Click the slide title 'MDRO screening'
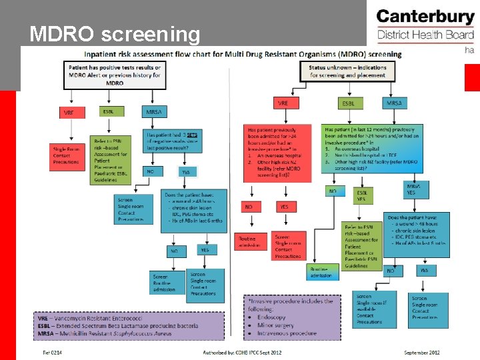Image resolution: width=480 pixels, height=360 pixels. point(115,34)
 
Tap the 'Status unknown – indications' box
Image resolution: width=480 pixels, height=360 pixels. point(347,71)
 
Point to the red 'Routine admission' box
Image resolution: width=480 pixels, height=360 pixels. point(250,241)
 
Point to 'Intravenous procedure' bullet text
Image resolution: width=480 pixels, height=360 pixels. point(289,333)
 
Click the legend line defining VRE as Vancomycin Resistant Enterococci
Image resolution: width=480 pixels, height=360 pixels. point(93,319)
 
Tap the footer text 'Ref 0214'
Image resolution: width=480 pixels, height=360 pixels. point(53,352)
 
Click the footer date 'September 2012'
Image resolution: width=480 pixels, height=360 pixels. point(422,352)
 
